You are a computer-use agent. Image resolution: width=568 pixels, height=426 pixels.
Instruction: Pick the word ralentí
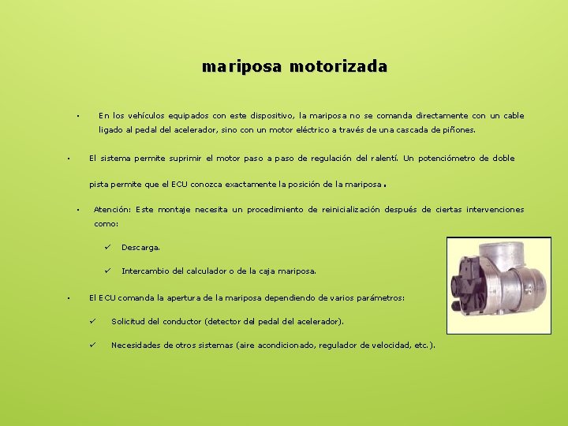(382, 159)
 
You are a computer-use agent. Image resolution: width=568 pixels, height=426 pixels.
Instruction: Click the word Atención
(112, 210)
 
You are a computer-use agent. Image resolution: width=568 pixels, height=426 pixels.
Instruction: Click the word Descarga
(140, 248)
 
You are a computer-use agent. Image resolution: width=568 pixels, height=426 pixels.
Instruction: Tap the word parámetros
(378, 298)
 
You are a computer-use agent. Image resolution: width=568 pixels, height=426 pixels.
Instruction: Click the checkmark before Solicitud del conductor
(92, 321)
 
